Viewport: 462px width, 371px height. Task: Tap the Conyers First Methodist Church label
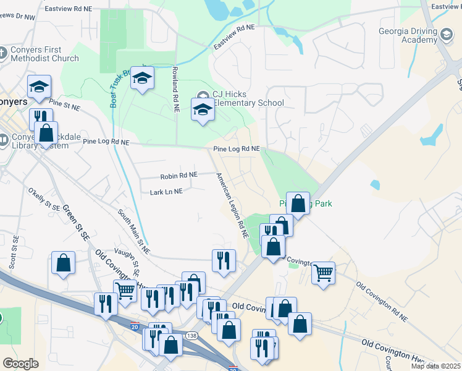click(x=44, y=54)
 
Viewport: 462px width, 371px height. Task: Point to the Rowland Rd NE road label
click(x=175, y=85)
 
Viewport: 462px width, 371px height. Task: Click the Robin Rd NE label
click(x=178, y=176)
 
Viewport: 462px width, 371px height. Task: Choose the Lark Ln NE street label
click(x=166, y=192)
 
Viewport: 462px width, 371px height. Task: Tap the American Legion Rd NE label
click(x=232, y=206)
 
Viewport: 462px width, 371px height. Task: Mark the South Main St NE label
click(x=133, y=232)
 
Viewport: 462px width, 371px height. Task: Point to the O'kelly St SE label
click(x=43, y=202)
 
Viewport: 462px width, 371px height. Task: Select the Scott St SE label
click(x=14, y=251)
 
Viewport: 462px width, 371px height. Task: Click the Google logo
click(x=20, y=364)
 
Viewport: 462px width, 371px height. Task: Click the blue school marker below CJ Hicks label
click(x=202, y=110)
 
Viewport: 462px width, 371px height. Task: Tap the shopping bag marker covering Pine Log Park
click(x=298, y=204)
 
